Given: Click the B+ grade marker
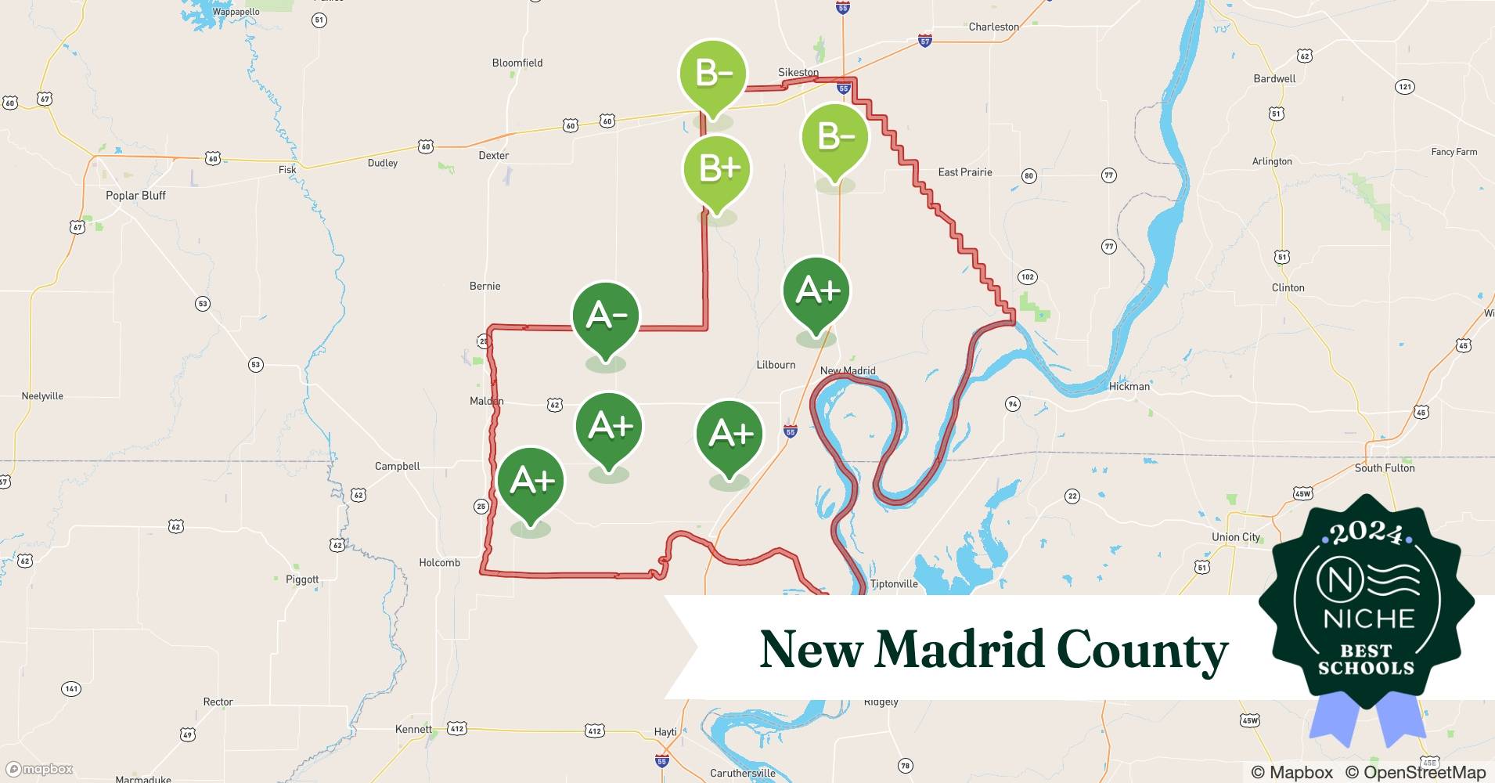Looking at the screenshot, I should [x=717, y=169].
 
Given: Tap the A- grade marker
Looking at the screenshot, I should [x=606, y=316].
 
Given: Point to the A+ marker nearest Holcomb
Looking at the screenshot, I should [x=531, y=481].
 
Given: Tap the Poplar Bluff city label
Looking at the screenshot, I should [x=135, y=196].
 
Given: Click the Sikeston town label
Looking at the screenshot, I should [x=798, y=72].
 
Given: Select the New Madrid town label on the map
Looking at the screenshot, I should [x=848, y=370].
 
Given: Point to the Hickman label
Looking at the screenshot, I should [x=1129, y=386].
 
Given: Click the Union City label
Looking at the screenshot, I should [x=1235, y=537].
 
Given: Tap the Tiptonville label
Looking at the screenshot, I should [x=893, y=584].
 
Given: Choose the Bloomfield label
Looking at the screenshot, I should [x=517, y=63].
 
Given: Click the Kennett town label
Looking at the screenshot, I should [x=412, y=729].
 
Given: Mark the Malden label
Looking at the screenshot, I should [x=486, y=401].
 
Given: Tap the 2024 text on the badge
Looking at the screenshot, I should [x=1366, y=533].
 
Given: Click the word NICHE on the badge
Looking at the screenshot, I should [x=1368, y=619].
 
